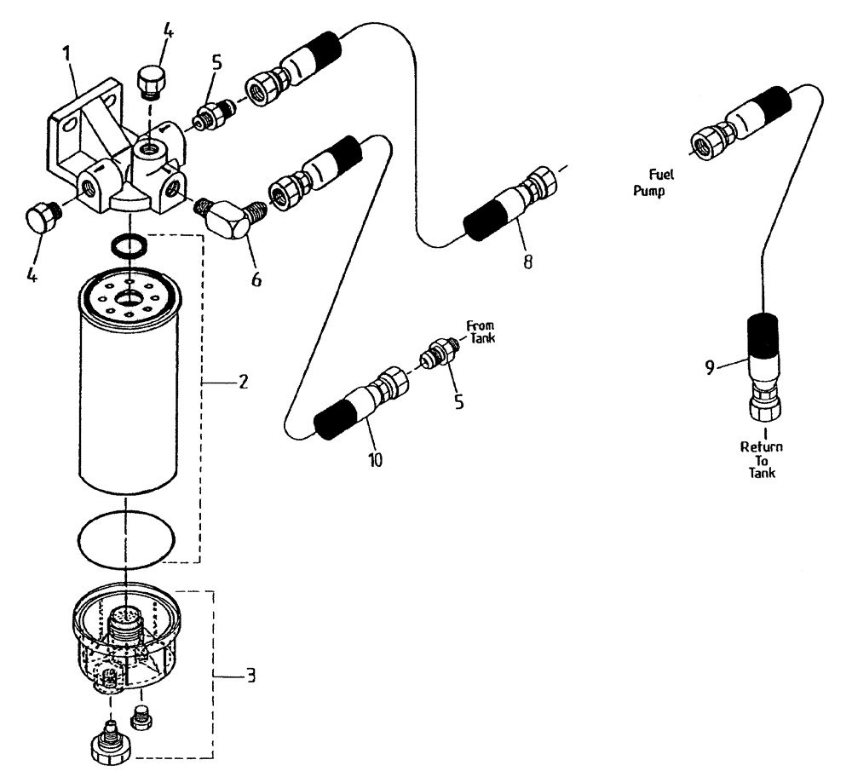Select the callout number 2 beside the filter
click(x=243, y=383)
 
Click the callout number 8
click(x=528, y=262)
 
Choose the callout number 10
click(x=375, y=460)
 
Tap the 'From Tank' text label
click(x=479, y=330)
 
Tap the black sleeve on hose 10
click(x=333, y=422)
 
